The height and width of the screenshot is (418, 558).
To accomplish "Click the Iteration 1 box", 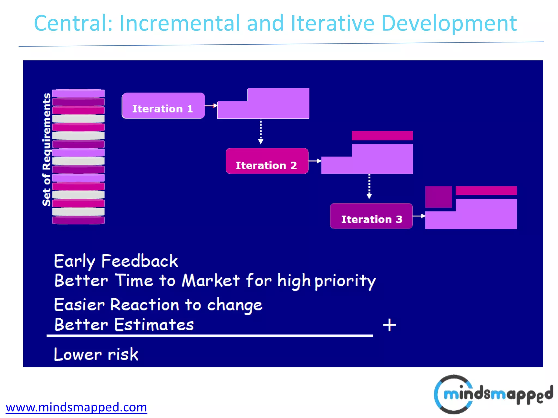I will pyautogui.click(x=163, y=106).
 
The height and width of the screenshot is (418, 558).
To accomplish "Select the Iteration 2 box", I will pyautogui.click(x=267, y=161).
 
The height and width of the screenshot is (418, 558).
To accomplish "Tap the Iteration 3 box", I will pyautogui.click(x=371, y=216).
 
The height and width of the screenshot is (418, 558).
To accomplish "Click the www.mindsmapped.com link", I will pyautogui.click(x=76, y=407).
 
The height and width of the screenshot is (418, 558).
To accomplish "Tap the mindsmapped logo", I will pyautogui.click(x=493, y=394).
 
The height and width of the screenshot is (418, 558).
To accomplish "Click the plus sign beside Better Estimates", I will pyautogui.click(x=389, y=325).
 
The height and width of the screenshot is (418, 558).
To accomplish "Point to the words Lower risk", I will pyautogui.click(x=96, y=354).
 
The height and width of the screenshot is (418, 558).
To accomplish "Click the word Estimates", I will pyautogui.click(x=154, y=325).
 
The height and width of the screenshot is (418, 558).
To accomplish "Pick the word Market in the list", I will pyautogui.click(x=211, y=280).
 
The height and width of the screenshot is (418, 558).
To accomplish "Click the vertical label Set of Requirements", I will pyautogui.click(x=46, y=149).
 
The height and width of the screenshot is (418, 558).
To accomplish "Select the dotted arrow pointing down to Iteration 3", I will pyautogui.click(x=369, y=186).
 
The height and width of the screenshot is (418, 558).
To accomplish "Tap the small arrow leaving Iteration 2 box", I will pyautogui.click(x=315, y=161).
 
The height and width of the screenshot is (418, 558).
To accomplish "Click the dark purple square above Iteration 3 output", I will pyautogui.click(x=438, y=197).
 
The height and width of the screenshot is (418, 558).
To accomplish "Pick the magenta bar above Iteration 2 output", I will pyautogui.click(x=382, y=136).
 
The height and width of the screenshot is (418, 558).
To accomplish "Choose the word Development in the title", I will pyautogui.click(x=449, y=23).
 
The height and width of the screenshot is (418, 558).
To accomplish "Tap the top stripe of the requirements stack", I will pyautogui.click(x=78, y=93).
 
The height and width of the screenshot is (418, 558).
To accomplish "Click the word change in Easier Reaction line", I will pyautogui.click(x=235, y=305).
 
